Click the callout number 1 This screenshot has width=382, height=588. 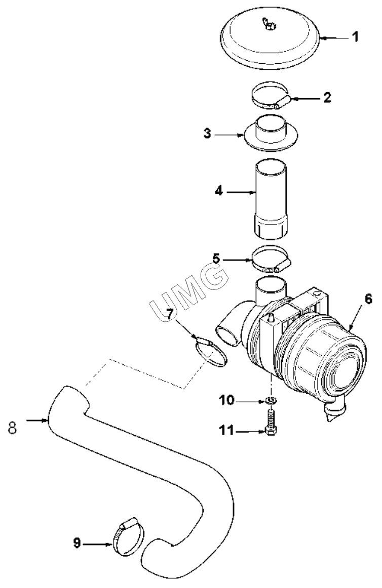355,37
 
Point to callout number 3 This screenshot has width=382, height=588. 207,134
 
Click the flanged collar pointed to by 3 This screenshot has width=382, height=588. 271,134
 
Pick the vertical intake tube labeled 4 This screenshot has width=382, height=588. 271,200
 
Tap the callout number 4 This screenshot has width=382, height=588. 219,191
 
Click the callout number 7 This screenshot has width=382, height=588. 170,314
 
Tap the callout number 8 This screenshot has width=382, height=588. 12,428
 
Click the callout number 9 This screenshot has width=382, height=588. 77,543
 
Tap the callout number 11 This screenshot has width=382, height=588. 227,431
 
